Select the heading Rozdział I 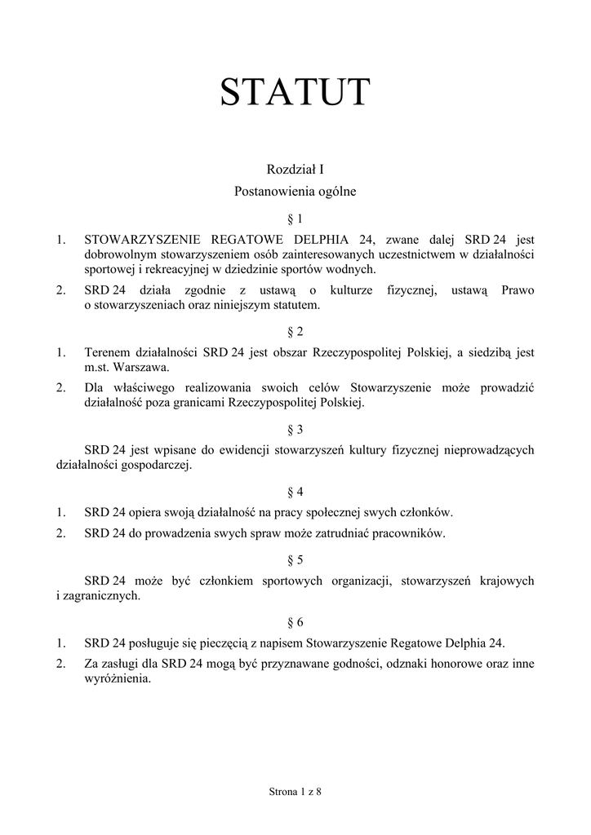(x=295, y=170)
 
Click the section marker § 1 (x=295, y=219)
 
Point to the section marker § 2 (x=295, y=331)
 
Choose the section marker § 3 (x=295, y=429)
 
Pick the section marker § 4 (x=295, y=492)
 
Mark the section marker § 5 (x=295, y=560)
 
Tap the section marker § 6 (x=295, y=623)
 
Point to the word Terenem (x=107, y=352)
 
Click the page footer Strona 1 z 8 (x=295, y=792)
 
